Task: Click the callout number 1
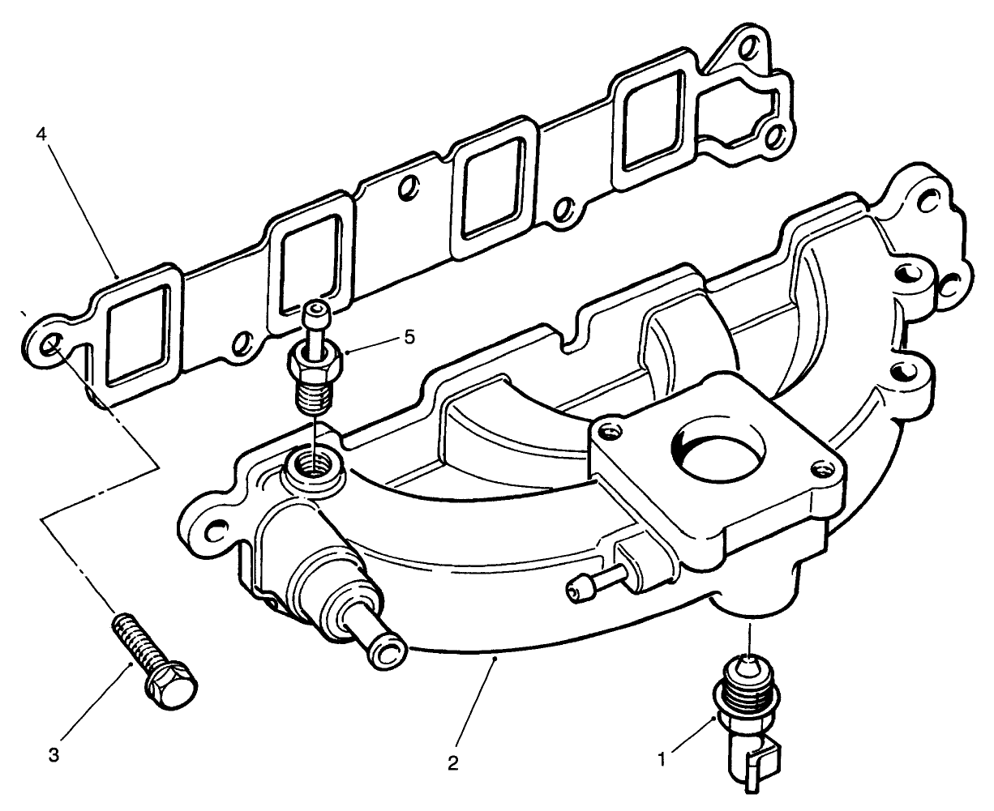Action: [662, 760]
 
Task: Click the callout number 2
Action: [452, 762]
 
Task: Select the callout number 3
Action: [54, 755]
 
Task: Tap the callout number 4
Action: [40, 134]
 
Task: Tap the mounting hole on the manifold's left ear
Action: [213, 530]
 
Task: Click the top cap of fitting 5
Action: [315, 309]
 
